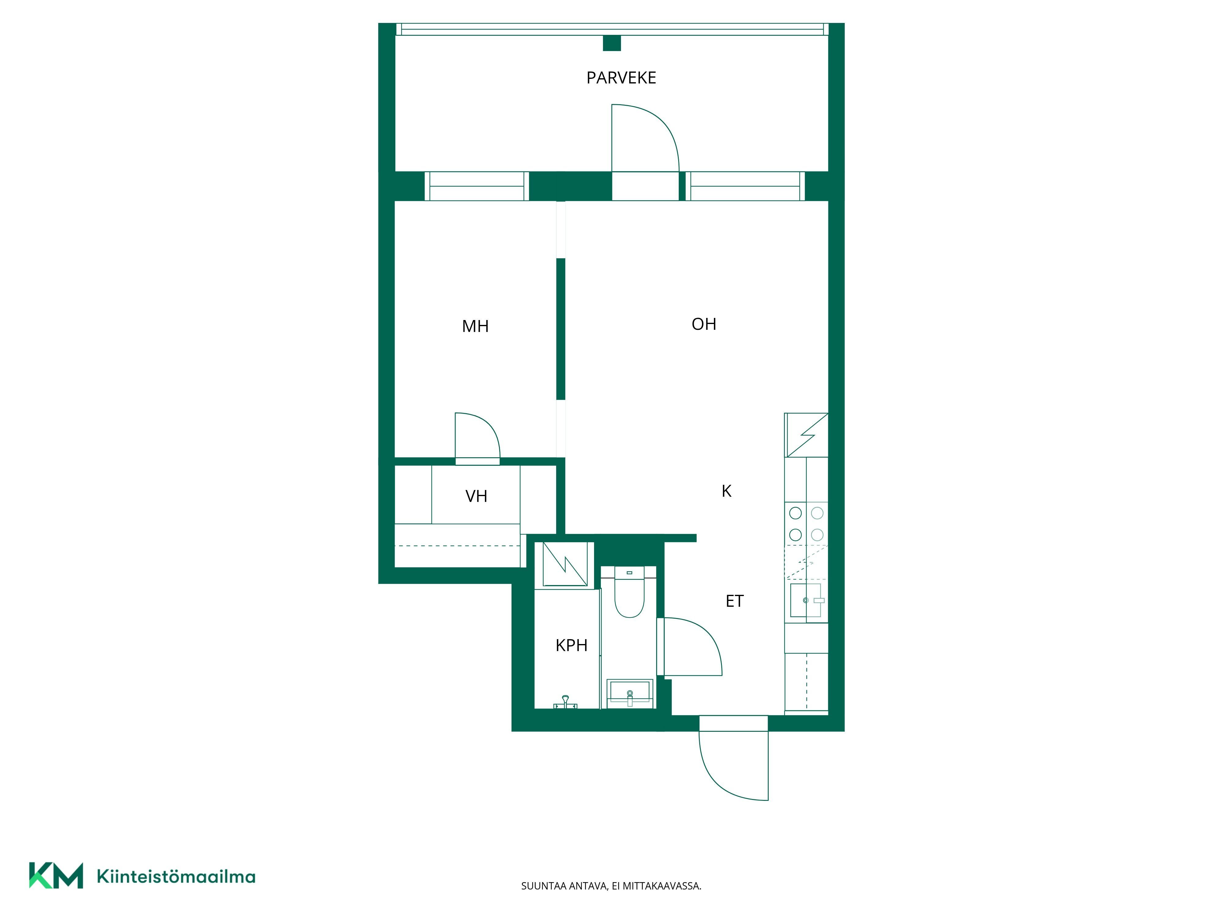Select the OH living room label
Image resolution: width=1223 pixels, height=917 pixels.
click(704, 324)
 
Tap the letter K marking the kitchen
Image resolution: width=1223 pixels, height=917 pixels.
click(726, 491)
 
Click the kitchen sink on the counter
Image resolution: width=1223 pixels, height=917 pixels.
click(806, 600)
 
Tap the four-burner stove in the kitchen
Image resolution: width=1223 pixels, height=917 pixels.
click(806, 523)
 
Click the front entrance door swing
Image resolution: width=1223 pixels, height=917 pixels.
click(713, 777)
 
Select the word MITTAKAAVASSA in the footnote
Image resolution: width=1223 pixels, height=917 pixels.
click(662, 886)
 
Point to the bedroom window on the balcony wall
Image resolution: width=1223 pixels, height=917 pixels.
click(477, 186)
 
